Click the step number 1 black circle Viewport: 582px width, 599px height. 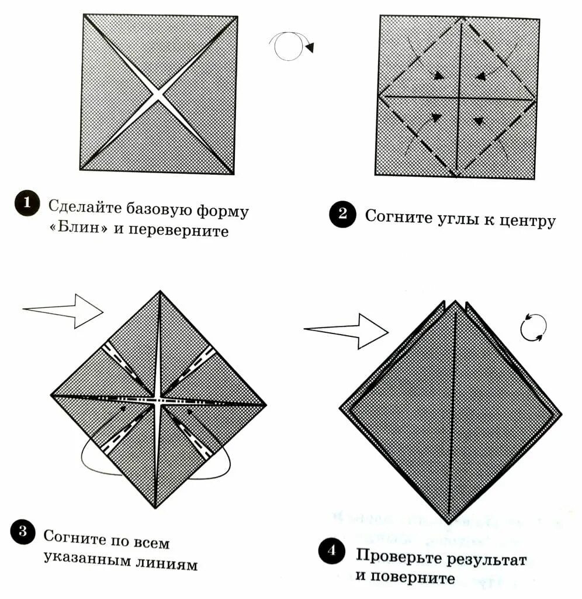tap(26, 205)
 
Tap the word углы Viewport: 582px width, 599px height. tap(454, 218)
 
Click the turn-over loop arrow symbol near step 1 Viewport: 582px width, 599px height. tap(290, 46)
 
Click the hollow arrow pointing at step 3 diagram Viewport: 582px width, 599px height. tap(64, 309)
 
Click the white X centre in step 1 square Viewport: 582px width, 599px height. tap(158, 94)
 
